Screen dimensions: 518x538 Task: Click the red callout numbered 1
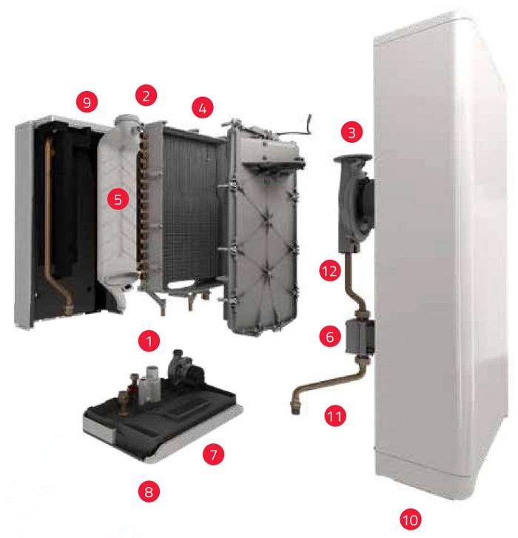point(149,341)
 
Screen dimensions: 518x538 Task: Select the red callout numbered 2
point(146,95)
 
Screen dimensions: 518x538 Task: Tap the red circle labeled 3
point(351,132)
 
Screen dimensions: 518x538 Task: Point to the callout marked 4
point(203,107)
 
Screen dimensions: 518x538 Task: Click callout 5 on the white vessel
point(118,199)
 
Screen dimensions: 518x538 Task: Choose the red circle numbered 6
point(330,336)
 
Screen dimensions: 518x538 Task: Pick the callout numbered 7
point(213,454)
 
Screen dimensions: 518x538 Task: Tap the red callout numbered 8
point(149,491)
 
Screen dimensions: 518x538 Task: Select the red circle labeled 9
point(87,102)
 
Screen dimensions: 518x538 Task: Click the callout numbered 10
point(411,519)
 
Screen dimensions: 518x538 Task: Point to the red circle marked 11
point(334,416)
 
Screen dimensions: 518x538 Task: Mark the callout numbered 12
point(329,271)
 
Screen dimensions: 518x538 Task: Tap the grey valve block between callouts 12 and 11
point(360,337)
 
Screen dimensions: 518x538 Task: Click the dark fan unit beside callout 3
point(355,203)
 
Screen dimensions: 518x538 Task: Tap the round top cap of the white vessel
point(127,120)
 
